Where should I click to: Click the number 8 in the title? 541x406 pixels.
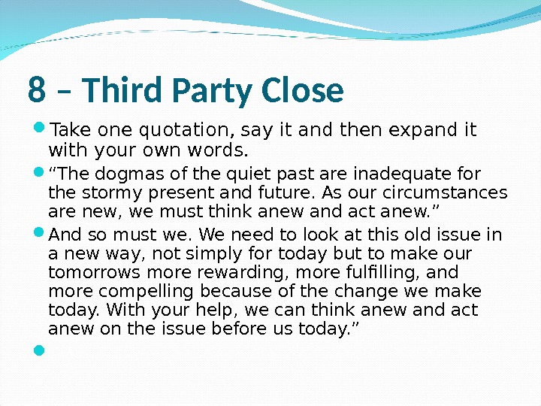pos(36,91)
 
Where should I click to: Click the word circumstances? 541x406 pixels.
pos(451,192)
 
